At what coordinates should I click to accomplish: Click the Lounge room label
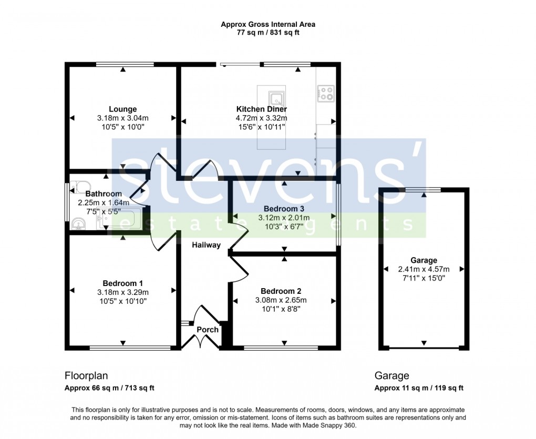123,109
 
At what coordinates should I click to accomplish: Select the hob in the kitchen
326,94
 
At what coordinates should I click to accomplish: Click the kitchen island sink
276,99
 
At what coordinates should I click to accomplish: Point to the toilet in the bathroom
80,187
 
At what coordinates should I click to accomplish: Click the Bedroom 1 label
122,283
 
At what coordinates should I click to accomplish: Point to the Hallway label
206,245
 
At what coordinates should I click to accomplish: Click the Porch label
207,330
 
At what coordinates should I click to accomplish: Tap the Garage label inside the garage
424,260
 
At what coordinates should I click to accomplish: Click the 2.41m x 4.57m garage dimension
424,269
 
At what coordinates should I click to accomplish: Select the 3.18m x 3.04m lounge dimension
123,118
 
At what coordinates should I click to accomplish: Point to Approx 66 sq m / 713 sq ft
109,389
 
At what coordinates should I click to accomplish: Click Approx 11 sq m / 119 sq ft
419,389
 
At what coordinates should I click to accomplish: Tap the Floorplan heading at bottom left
86,376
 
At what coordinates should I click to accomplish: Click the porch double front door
201,342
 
